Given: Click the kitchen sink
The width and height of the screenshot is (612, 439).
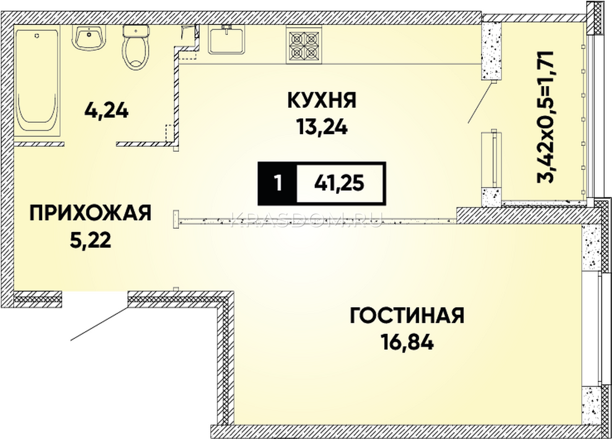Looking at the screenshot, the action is pyautogui.click(x=226, y=40).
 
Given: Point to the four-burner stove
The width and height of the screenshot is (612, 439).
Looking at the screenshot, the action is pyautogui.click(x=304, y=44).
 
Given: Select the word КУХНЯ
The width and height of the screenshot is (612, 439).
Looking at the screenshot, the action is pyautogui.click(x=322, y=100).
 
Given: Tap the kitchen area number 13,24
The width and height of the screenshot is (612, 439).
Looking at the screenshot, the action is pyautogui.click(x=322, y=127).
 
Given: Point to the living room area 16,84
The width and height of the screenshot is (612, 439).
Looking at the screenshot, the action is pyautogui.click(x=408, y=343).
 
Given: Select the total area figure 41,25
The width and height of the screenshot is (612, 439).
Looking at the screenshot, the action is pyautogui.click(x=339, y=183).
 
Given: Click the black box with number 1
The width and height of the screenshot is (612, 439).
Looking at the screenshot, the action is pyautogui.click(x=278, y=183).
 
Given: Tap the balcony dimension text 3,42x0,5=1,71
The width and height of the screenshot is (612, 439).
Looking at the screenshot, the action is pyautogui.click(x=545, y=121).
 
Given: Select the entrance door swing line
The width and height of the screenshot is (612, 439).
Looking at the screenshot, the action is pyautogui.click(x=99, y=324).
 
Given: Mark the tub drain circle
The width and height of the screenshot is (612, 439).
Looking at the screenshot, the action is pyautogui.click(x=37, y=36).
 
